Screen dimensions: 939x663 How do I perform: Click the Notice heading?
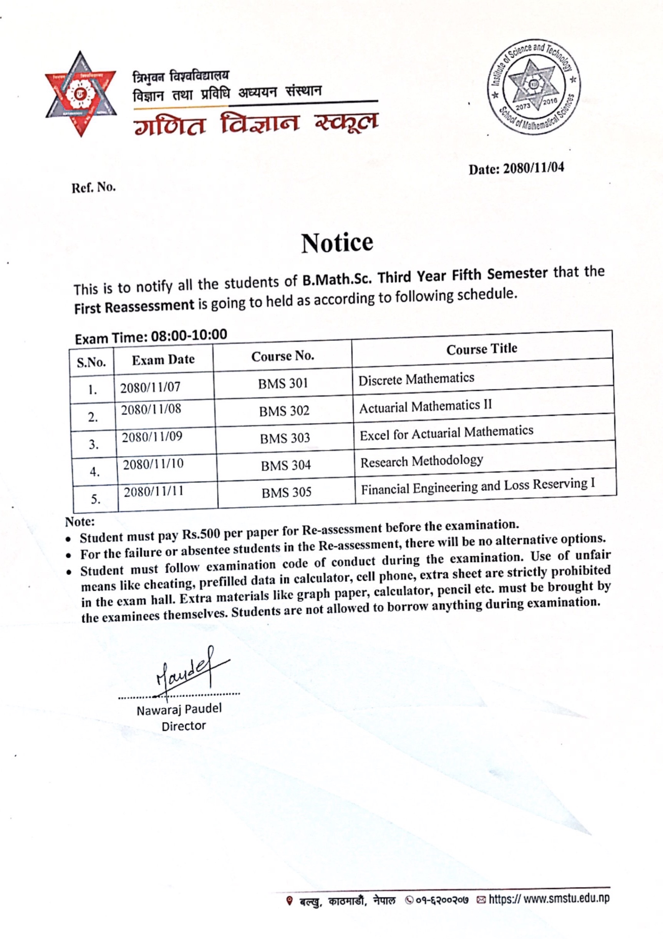pyautogui.click(x=337, y=242)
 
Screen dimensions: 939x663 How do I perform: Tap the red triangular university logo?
pyautogui.click(x=81, y=94)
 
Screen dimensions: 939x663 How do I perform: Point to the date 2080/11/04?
pyautogui.click(x=534, y=168)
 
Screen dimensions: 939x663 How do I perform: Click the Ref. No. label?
pyautogui.click(x=94, y=188)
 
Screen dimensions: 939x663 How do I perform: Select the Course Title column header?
pyautogui.click(x=482, y=349)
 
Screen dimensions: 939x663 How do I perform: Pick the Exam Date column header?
pyautogui.click(x=163, y=359)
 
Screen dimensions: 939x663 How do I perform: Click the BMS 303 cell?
pyautogui.click(x=285, y=438)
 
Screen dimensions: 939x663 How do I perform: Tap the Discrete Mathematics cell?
pyautogui.click(x=416, y=379)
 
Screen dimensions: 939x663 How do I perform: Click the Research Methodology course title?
pyautogui.click(x=421, y=461)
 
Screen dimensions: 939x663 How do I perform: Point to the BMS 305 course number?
pyautogui.click(x=287, y=492)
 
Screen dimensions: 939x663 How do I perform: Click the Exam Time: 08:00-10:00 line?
pyautogui.click(x=151, y=337)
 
